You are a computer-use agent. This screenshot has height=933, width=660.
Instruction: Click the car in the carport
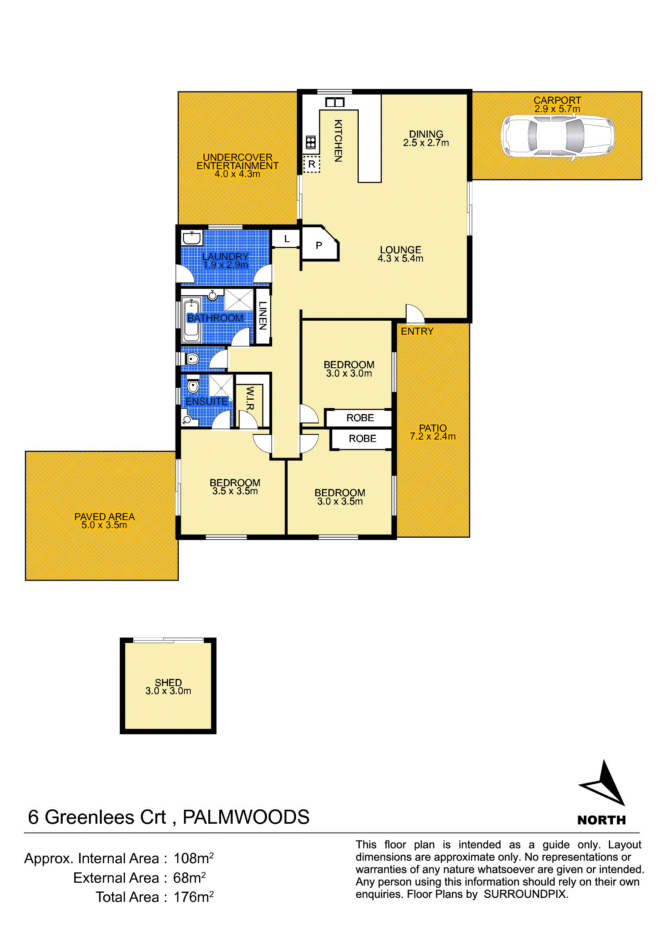click(557, 136)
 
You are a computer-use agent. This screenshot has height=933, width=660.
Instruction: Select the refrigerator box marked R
click(312, 164)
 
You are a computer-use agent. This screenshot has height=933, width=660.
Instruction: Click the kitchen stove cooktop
click(311, 142)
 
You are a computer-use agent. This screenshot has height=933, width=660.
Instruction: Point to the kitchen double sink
click(335, 103)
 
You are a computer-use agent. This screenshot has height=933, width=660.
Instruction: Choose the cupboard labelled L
click(286, 239)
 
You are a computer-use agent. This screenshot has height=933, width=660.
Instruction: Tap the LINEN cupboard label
click(263, 316)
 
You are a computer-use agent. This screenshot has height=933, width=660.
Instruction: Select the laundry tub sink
click(192, 237)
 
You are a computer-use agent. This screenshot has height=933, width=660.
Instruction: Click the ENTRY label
click(417, 331)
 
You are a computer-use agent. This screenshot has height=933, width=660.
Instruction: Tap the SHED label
click(168, 682)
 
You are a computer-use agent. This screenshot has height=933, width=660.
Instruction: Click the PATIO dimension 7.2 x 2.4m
click(433, 436)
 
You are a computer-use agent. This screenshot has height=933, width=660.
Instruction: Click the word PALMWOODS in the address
click(246, 817)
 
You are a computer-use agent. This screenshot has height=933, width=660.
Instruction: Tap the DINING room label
click(426, 134)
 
